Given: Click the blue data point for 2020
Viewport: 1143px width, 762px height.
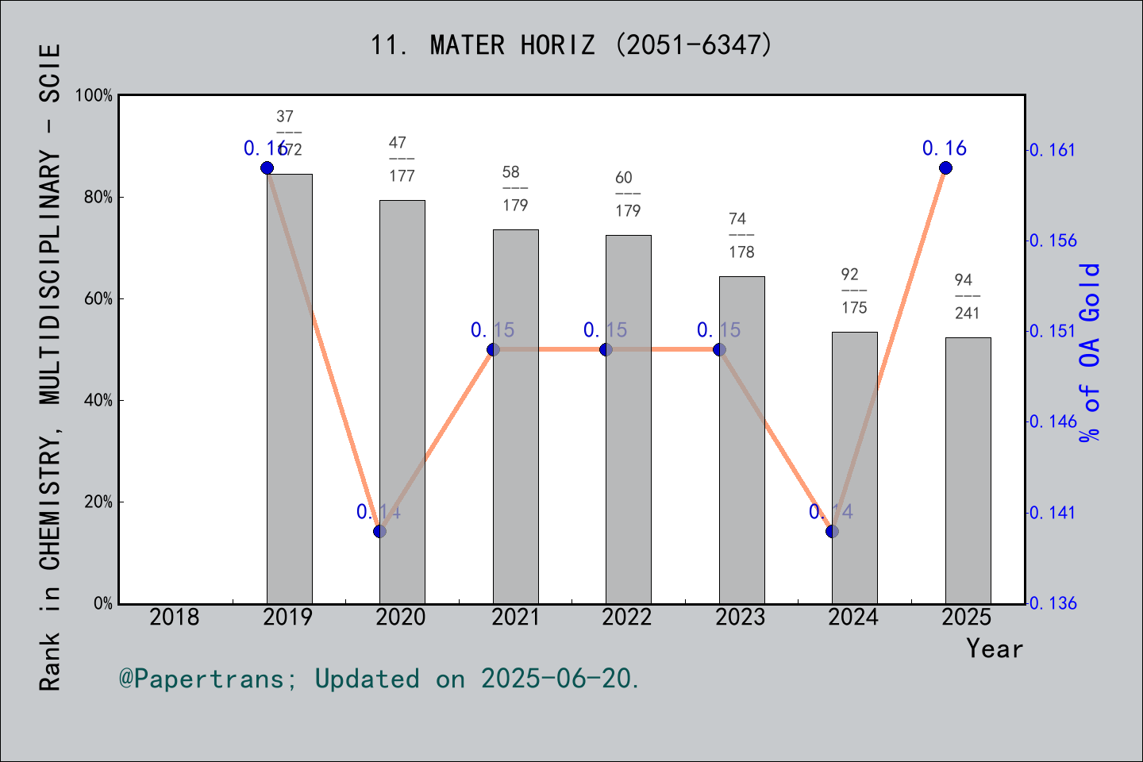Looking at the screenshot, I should click(x=379, y=531).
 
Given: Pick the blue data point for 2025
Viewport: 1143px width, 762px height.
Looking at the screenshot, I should click(x=945, y=167).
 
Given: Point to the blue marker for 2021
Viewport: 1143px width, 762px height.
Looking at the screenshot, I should click(x=493, y=349).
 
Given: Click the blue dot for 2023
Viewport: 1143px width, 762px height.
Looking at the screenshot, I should click(x=719, y=349).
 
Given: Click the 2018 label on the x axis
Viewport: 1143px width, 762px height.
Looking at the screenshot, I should click(x=175, y=617).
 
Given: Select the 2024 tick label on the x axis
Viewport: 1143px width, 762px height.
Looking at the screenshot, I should click(x=853, y=617).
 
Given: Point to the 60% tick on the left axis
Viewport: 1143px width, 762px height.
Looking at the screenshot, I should click(x=98, y=298).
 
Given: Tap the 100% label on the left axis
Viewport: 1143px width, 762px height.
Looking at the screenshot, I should click(x=94, y=95).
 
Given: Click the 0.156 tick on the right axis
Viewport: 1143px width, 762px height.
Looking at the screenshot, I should click(x=1053, y=241).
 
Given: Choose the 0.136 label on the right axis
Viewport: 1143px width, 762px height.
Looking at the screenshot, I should click(x=1053, y=603).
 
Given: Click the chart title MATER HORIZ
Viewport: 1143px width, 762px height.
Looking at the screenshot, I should click(x=571, y=45).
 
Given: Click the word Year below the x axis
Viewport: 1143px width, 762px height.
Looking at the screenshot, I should click(x=995, y=648).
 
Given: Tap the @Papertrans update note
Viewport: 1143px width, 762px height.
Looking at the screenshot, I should click(x=379, y=679).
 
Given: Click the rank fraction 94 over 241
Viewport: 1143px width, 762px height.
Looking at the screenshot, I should click(x=967, y=296).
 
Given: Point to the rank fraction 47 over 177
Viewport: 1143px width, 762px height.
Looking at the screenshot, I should click(x=402, y=160).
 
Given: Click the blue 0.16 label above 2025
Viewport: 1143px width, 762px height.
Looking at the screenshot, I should click(x=945, y=148).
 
